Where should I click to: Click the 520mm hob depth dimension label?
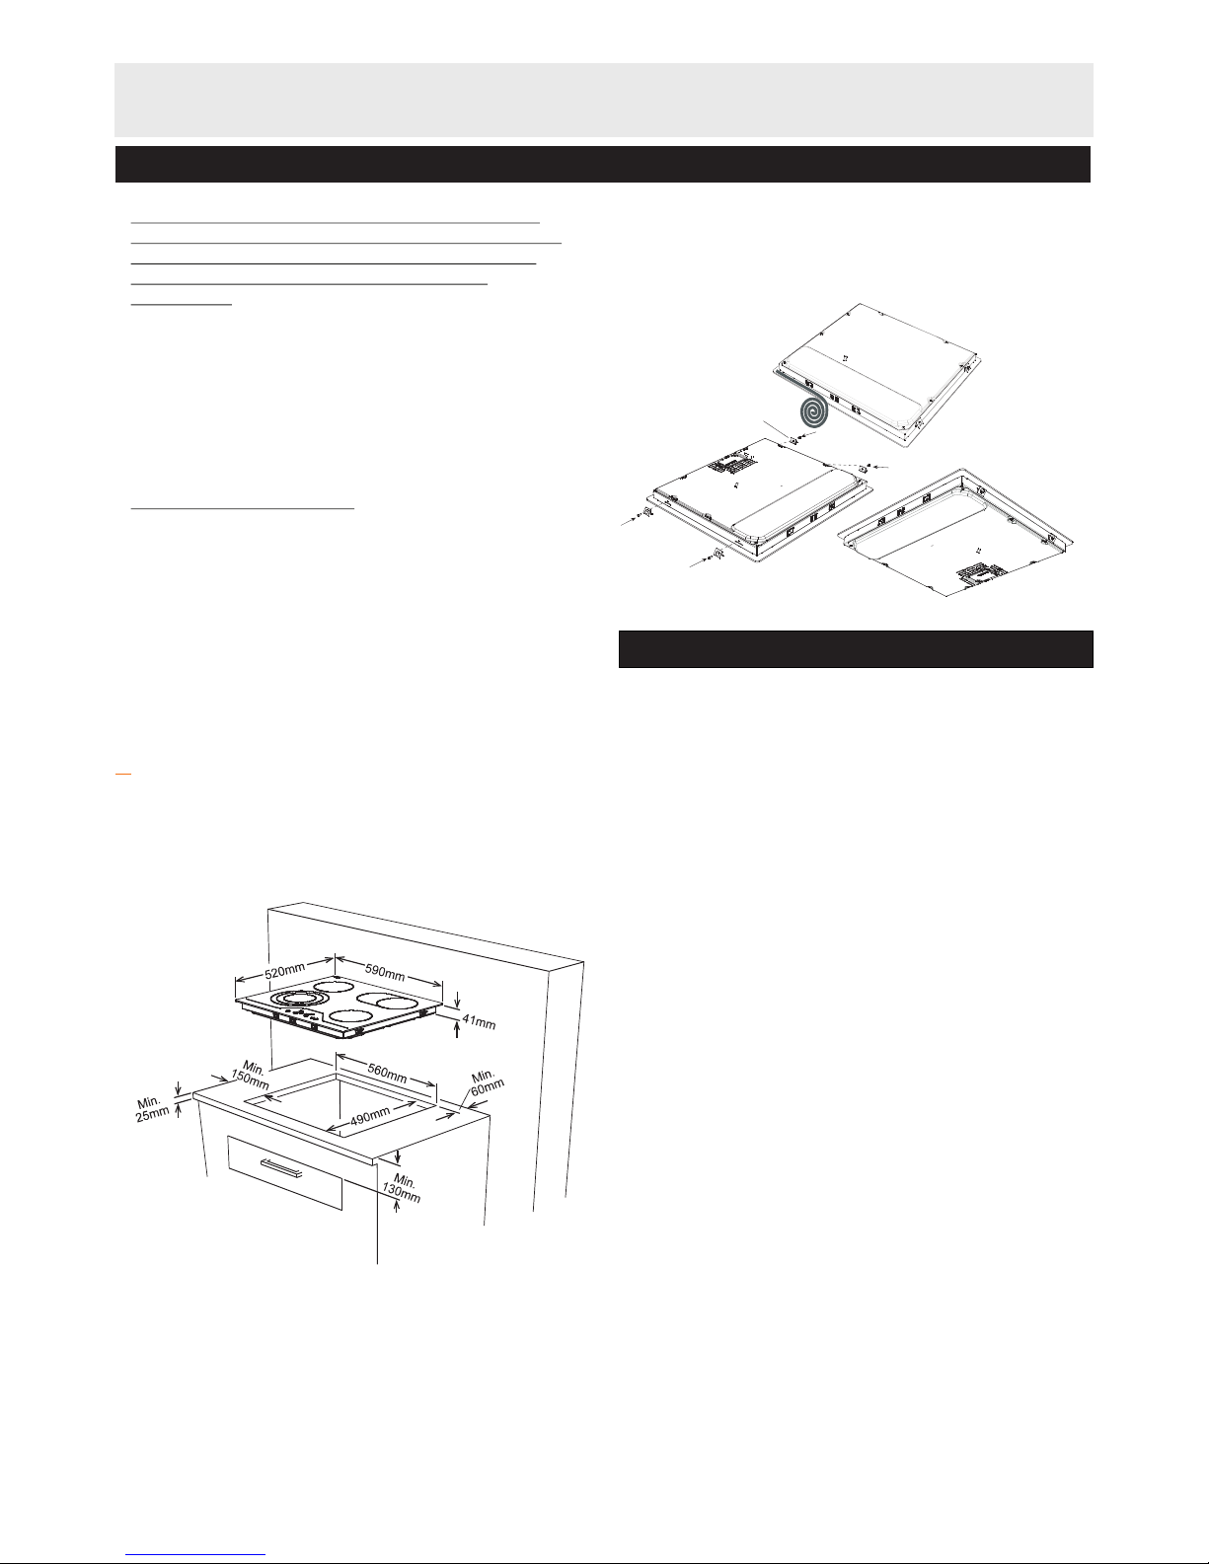(x=285, y=971)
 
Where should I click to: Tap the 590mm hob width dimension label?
(x=385, y=972)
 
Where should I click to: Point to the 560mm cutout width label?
(x=387, y=1074)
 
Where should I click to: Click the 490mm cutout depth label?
(x=370, y=1116)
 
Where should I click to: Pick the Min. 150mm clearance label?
(x=252, y=1076)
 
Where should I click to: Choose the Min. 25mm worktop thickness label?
(x=152, y=1109)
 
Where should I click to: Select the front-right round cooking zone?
(x=350, y=1016)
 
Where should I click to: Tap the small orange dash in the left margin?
(x=123, y=775)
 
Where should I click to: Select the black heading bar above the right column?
(x=856, y=649)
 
